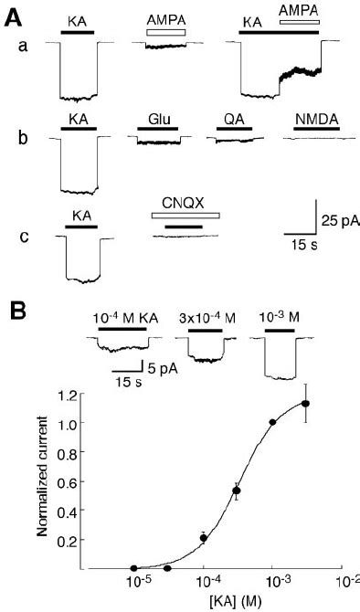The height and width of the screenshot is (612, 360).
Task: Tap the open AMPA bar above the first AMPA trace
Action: point(165,32)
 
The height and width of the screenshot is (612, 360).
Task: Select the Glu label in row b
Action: point(161,119)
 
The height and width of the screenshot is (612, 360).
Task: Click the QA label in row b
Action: point(233,119)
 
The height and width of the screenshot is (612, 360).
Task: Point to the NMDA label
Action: point(312,119)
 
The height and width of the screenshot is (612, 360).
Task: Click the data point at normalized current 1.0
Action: point(272,422)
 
